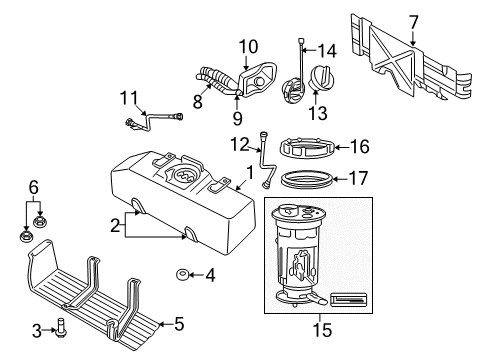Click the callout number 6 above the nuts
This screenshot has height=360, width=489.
pyautogui.click(x=33, y=188)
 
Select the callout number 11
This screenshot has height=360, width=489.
pyautogui.click(x=125, y=97)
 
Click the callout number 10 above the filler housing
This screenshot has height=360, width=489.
pyautogui.click(x=247, y=45)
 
